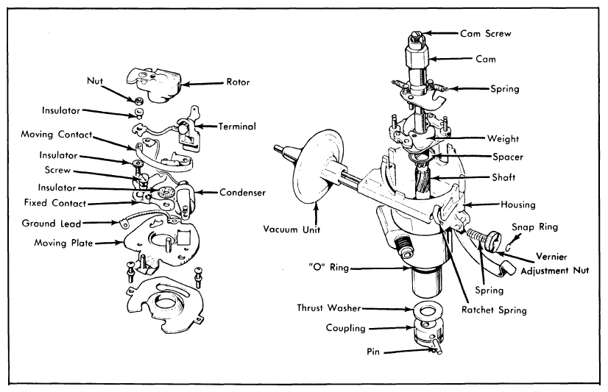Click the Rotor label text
238,82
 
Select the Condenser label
242,192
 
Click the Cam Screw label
486,34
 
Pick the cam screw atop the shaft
417,38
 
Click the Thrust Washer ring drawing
427,311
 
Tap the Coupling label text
345,328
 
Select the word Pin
373,352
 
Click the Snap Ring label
534,227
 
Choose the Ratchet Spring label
494,310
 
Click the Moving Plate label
63,243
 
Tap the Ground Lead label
52,223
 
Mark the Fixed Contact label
55,202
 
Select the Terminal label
237,126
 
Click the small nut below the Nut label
138,101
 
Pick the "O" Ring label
329,267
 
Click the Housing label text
517,204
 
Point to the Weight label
503,138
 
